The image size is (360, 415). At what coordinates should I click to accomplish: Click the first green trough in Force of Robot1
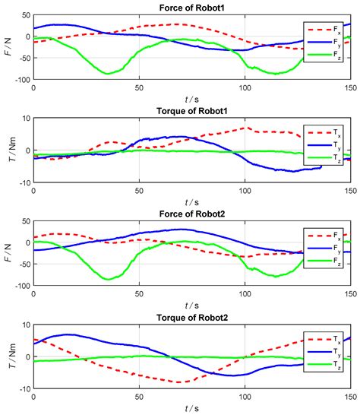click(109, 73)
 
